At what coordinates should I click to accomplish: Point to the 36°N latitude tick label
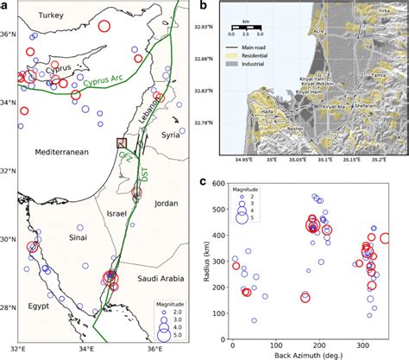(10, 34)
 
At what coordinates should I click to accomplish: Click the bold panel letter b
(202, 7)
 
